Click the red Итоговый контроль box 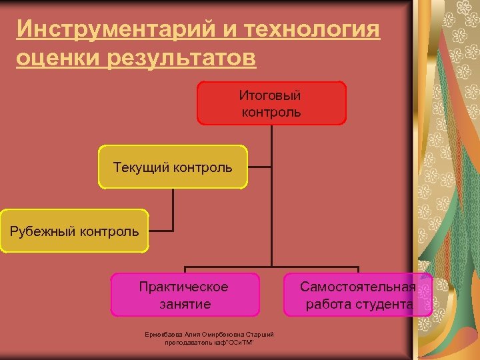pos(271,103)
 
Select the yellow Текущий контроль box pos(173,167)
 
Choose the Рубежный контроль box pos(74,231)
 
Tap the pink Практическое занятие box pos(184,295)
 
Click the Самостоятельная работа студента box pos(358,295)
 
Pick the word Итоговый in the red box pos(270,95)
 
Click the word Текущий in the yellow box pos(141,167)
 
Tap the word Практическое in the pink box pos(184,287)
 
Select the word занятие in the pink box pos(185,304)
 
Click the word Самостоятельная pos(358,287)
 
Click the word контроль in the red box pos(271,112)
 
